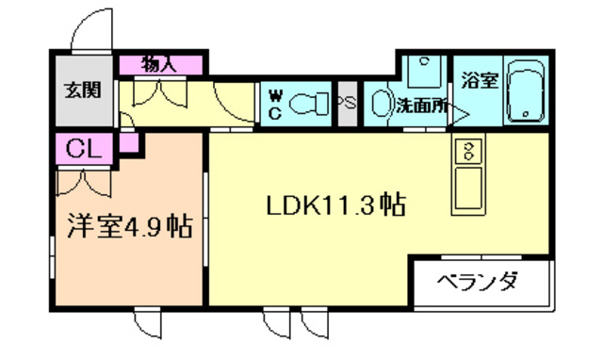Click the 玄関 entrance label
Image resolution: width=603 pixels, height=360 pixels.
tap(81, 91)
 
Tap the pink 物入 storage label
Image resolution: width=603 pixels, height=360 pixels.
tap(160, 65)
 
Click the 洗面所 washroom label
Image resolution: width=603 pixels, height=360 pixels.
tap(421, 106)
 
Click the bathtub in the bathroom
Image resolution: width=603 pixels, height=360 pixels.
tap(525, 92)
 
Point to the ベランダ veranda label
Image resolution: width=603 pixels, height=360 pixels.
tap(480, 281)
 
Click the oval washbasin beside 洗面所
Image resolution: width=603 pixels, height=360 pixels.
tap(379, 103)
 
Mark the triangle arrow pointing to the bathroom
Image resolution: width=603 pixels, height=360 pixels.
tap(460, 115)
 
